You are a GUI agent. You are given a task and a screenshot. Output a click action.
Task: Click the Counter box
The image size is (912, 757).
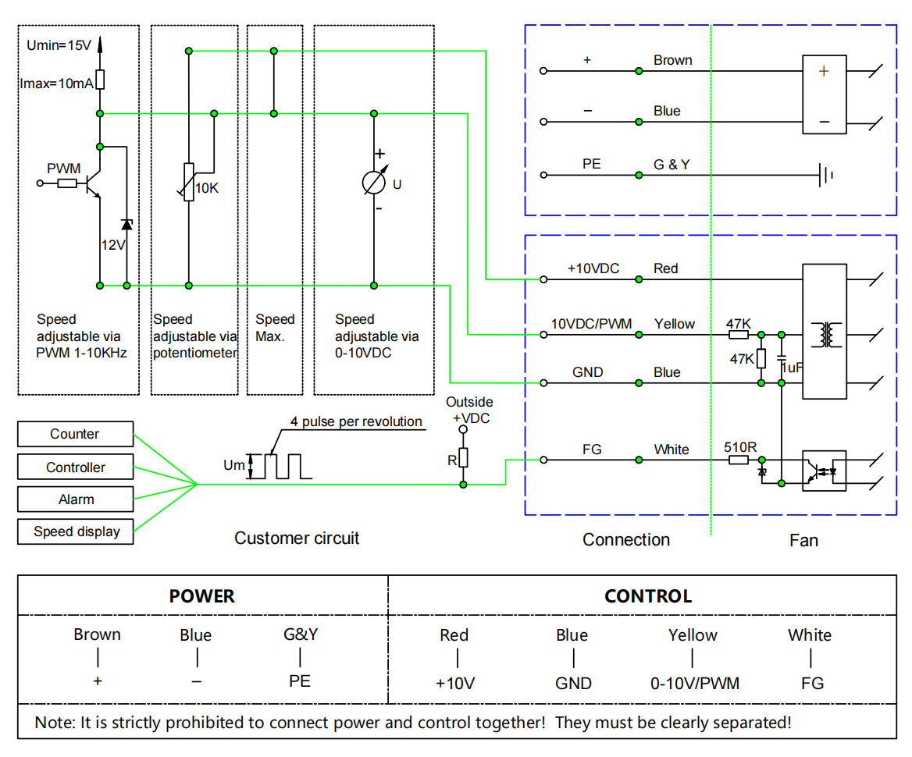click(76, 434)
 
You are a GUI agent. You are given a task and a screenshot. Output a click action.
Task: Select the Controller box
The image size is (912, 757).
click(76, 467)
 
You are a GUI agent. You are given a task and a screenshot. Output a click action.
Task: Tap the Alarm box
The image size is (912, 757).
click(76, 499)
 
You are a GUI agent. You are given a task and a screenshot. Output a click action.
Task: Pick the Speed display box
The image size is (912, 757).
click(76, 531)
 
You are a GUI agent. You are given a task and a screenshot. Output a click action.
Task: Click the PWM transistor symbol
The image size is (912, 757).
click(93, 183)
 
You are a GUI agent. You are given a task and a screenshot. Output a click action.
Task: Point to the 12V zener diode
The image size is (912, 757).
click(126, 225)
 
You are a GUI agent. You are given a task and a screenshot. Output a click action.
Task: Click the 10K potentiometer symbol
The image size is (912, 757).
click(188, 182)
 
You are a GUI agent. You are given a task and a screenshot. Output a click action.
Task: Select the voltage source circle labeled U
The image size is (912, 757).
click(374, 183)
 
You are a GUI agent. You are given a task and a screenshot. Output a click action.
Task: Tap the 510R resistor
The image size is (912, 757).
click(739, 460)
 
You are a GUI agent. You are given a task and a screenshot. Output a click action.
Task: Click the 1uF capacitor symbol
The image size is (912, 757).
click(782, 359)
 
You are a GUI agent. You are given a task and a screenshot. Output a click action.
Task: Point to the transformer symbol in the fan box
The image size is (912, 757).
click(826, 335)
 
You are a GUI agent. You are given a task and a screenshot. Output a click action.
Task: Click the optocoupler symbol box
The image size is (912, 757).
click(825, 471)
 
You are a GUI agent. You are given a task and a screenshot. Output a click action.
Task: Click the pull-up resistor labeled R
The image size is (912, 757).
click(463, 458)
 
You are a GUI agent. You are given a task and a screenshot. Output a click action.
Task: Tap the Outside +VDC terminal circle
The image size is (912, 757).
click(463, 430)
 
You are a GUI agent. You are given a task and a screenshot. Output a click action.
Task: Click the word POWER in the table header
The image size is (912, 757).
click(201, 596)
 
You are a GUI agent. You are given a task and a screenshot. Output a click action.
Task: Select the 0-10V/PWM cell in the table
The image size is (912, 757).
click(694, 683)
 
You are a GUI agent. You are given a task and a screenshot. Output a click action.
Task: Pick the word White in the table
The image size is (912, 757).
click(810, 635)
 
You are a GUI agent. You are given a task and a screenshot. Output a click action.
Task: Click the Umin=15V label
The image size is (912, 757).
click(59, 45)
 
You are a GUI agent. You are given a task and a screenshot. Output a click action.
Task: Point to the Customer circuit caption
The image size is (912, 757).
click(297, 538)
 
